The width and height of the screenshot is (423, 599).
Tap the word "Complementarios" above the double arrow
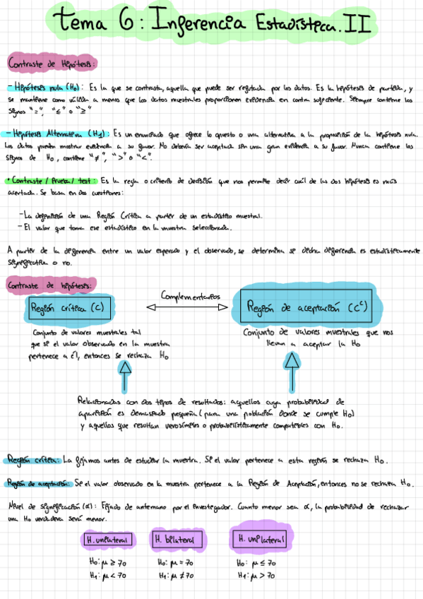190,295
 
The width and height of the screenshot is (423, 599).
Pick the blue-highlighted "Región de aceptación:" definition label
38,483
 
